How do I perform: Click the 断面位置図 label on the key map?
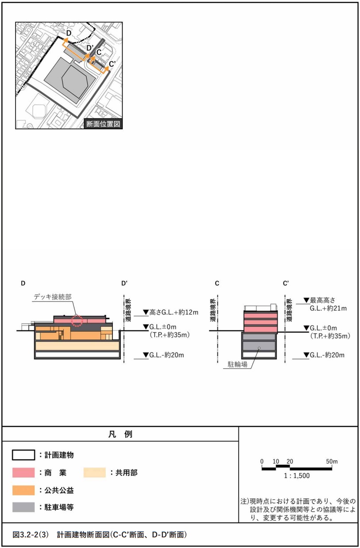pyautogui.click(x=103, y=124)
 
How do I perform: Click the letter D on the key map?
pyautogui.click(x=69, y=33)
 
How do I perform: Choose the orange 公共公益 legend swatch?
pyautogui.click(x=23, y=490)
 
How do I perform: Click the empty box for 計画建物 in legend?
pyautogui.click(x=23, y=455)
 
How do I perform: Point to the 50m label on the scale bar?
pyautogui.click(x=332, y=461)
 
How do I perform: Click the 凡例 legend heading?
pyautogui.click(x=120, y=434)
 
